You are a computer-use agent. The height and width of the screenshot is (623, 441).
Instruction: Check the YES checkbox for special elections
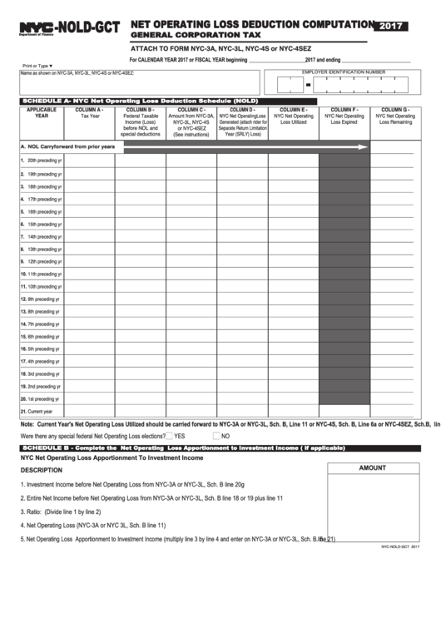tap(170, 436)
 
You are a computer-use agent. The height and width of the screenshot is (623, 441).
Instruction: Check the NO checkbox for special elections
tap(217, 436)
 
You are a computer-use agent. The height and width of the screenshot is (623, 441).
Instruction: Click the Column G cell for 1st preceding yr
tap(395, 398)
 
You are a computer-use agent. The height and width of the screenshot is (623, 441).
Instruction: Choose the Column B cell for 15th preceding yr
tap(140, 224)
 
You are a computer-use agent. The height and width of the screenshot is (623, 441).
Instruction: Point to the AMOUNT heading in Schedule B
tap(373, 468)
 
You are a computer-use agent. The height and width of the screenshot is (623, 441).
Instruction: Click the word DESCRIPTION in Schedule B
tap(41, 470)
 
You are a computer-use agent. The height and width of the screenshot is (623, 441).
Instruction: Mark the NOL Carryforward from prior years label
tap(66, 146)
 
